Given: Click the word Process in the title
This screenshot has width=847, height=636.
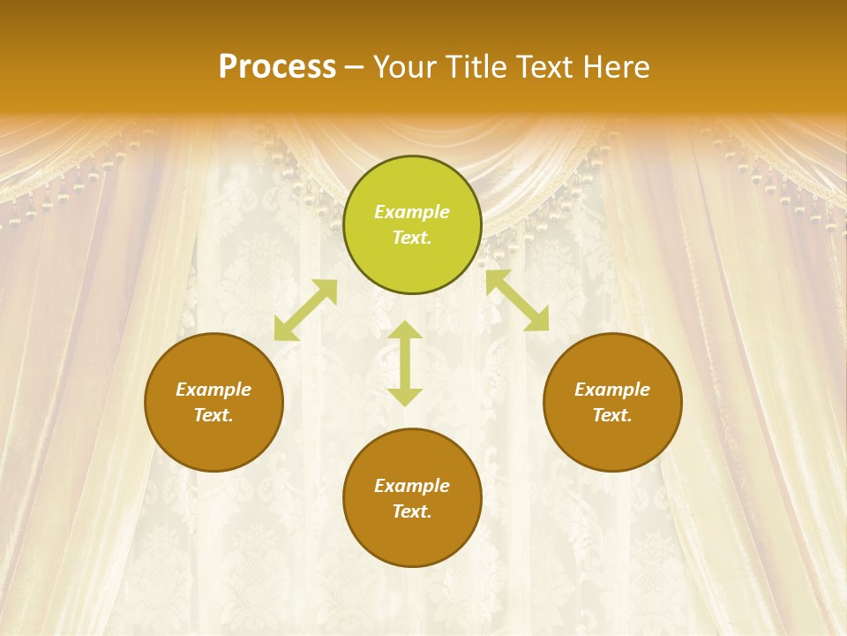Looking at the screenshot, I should click(x=277, y=67).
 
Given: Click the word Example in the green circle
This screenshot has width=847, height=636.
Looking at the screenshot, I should click(x=412, y=212).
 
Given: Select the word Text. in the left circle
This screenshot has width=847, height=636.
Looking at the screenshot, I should click(x=214, y=415).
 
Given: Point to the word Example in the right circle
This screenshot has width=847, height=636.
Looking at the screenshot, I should click(x=612, y=390).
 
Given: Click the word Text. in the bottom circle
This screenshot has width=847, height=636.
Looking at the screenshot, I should click(x=412, y=511).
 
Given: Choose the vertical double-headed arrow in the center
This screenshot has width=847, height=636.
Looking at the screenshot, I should click(x=405, y=363).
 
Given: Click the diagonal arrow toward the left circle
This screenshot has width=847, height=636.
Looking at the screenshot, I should click(x=305, y=310).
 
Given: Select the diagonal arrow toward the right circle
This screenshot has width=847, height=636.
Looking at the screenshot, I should click(x=517, y=301).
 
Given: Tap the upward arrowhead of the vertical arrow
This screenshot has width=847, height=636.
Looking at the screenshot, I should click(x=405, y=329).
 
